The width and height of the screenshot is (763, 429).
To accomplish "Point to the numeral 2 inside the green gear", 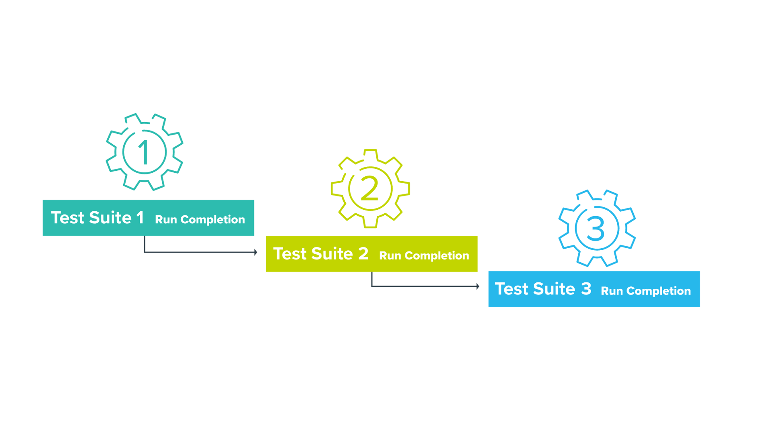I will pos(369,188).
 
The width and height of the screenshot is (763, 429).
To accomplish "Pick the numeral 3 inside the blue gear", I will pos(596,229).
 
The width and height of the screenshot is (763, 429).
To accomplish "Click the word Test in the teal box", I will pos(67,218).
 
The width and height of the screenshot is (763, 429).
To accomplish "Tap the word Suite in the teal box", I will pos(110,218).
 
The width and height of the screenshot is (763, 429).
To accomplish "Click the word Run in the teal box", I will pos(166,220).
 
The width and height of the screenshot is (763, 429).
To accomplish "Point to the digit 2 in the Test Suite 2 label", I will pos(363,254).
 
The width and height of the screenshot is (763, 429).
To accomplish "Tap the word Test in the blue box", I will pos(511,289).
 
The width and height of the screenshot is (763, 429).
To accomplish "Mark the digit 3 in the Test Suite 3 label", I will pos(586,289).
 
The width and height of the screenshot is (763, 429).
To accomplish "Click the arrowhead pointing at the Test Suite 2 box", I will pos(255,252).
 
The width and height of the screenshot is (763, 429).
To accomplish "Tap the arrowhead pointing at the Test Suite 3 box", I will pos(477,286).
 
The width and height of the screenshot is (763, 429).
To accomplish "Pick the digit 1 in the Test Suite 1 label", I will pos(140,218).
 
